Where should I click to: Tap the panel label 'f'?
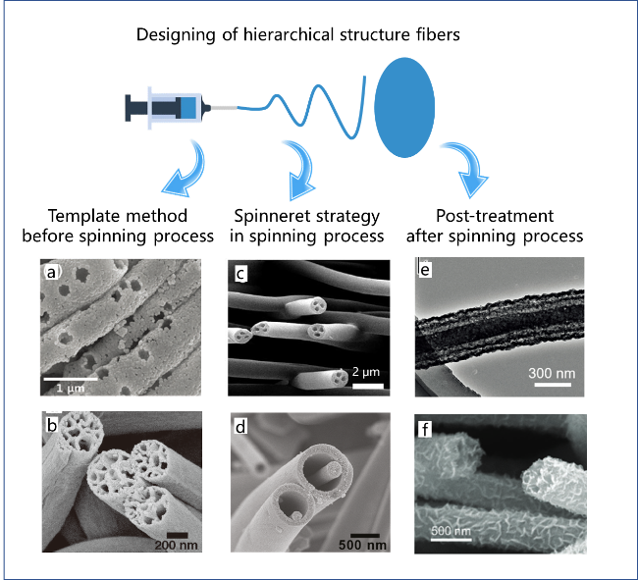pyautogui.click(x=425, y=429)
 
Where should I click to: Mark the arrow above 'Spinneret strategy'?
pyautogui.click(x=300, y=167)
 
